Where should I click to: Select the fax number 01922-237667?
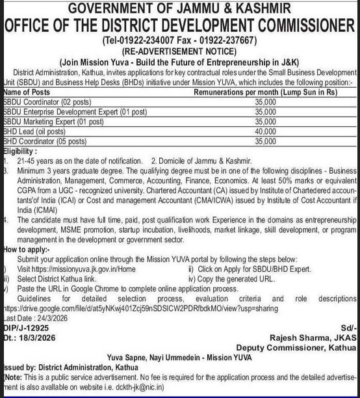pos(218,40)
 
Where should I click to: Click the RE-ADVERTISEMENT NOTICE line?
pos(180,50)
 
